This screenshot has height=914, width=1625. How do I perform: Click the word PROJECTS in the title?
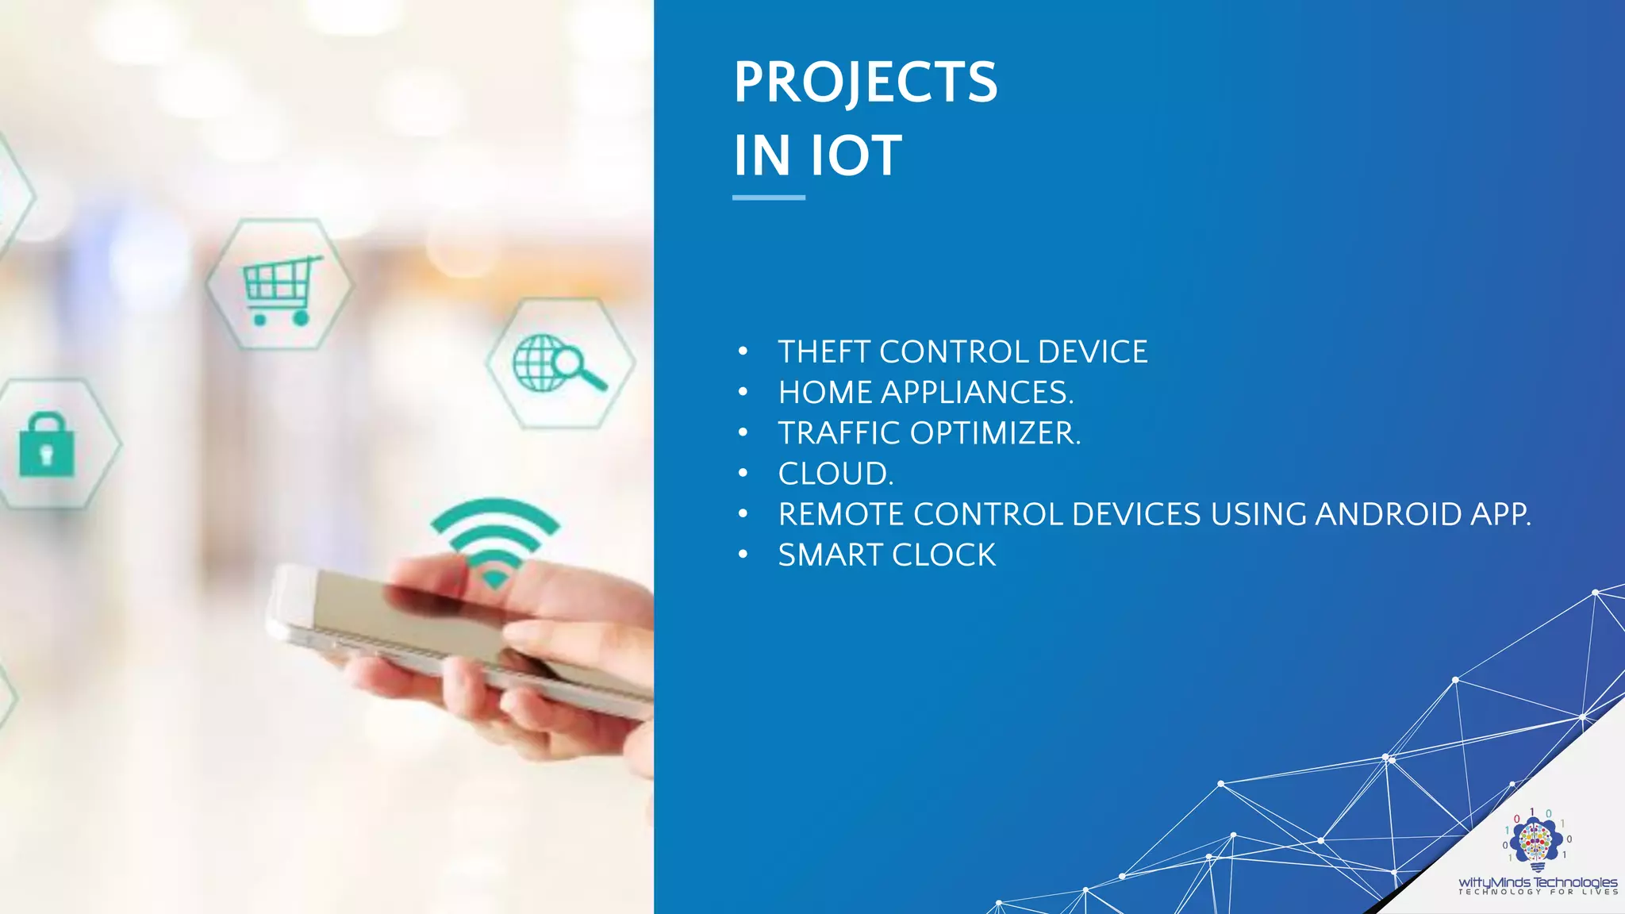[865, 82]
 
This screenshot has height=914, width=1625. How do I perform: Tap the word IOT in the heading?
[855, 156]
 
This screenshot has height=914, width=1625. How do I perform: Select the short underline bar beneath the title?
[768, 198]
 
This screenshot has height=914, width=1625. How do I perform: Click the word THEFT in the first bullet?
[823, 351]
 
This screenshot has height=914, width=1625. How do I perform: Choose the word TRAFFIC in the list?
[839, 433]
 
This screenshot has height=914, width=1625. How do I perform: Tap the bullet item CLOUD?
[836, 474]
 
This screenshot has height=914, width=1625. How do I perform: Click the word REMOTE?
[840, 514]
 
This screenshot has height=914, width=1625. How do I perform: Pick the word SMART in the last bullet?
[829, 555]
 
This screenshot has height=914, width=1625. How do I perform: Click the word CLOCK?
[943, 555]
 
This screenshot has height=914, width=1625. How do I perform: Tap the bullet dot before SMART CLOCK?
[743, 555]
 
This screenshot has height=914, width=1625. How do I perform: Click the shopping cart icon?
[280, 289]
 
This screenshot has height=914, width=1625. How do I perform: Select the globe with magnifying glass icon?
[559, 363]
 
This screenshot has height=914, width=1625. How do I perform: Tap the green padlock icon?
[47, 446]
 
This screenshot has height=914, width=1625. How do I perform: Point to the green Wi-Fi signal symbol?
[495, 540]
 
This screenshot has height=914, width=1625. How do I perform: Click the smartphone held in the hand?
[444, 627]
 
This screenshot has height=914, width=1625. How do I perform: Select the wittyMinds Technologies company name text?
[1538, 882]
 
